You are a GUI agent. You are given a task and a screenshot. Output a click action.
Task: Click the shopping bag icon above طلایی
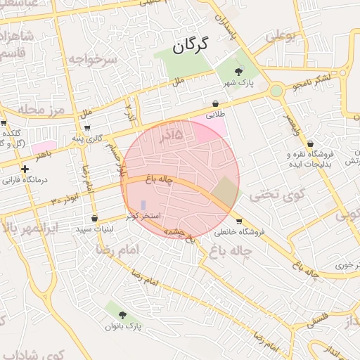click(x=214, y=103)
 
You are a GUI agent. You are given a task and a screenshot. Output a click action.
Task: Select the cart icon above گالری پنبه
click(x=86, y=128)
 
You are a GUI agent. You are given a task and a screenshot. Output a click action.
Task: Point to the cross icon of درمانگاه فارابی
click(x=25, y=169)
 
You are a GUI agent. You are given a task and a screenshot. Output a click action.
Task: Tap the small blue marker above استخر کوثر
click(x=143, y=205)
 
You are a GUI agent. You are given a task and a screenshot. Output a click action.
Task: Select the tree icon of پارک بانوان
click(x=123, y=316)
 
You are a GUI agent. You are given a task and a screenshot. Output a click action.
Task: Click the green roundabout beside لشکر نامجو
click(x=276, y=90)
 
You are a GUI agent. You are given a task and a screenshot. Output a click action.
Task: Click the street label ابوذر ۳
click(x=65, y=202)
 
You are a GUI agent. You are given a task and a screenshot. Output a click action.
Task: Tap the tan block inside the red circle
click(x=225, y=191)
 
